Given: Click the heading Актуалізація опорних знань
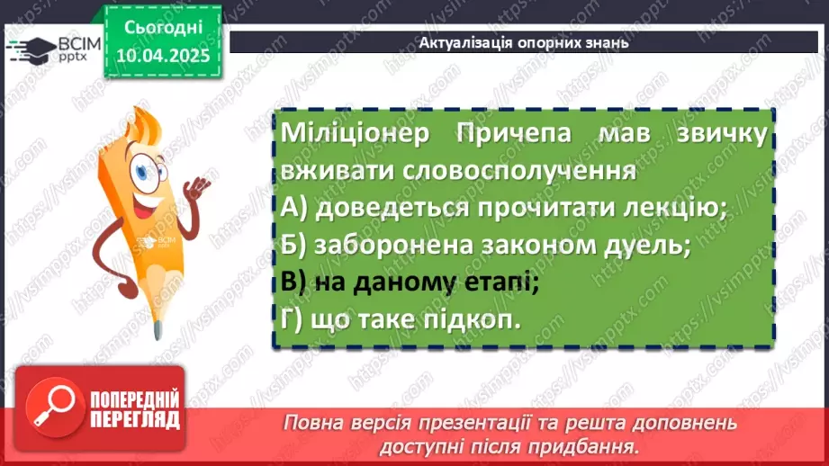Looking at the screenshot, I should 524,42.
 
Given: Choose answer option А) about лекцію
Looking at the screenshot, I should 504,208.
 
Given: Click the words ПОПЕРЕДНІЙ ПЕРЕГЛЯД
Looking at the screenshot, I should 136,409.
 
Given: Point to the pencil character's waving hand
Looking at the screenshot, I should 197,187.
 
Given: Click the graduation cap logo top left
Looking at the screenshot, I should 32,47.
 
